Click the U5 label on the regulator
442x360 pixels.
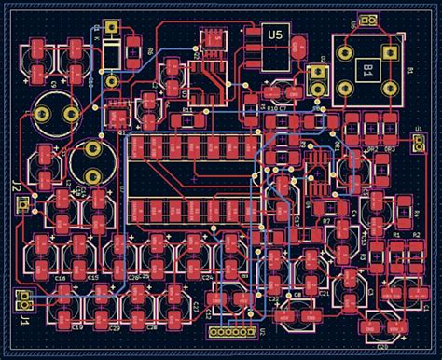tap(275, 35)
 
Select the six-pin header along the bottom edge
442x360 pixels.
tap(230, 331)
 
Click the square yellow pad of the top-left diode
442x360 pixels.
tap(111, 29)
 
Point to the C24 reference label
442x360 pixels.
tap(207, 278)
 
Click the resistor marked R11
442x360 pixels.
tap(187, 118)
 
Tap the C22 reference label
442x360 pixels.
tap(197, 307)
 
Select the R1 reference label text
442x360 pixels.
tap(396, 236)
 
